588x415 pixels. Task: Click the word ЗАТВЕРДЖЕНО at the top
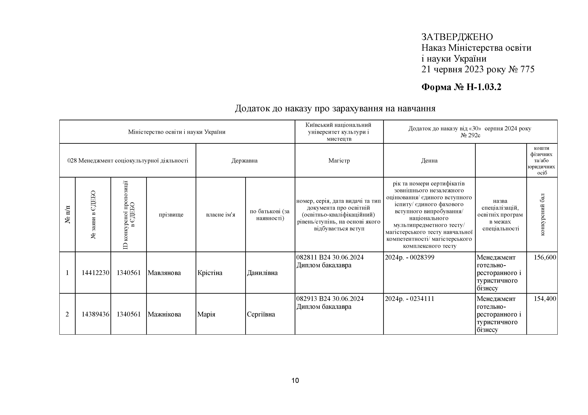pos(457,37)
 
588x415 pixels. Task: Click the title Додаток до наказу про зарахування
pos(335,108)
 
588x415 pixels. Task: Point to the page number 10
pos(295,381)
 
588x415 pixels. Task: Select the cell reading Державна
pos(244,161)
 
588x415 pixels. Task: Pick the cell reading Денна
pos(429,161)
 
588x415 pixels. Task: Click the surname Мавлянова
pos(164,273)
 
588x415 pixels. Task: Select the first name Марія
pos(206,314)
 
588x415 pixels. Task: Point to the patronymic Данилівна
pos(262,273)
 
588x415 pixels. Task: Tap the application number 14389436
pos(95,314)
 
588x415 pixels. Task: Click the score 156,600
pos(545,257)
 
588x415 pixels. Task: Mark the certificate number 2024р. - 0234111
pos(409,299)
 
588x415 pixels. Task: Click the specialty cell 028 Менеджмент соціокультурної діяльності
pos(128,161)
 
